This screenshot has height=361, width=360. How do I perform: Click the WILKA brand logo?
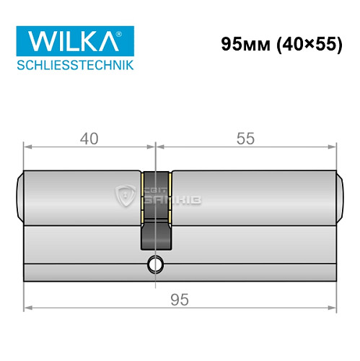tap(66, 41)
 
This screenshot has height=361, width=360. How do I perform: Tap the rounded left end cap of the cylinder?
tap(19, 195)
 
